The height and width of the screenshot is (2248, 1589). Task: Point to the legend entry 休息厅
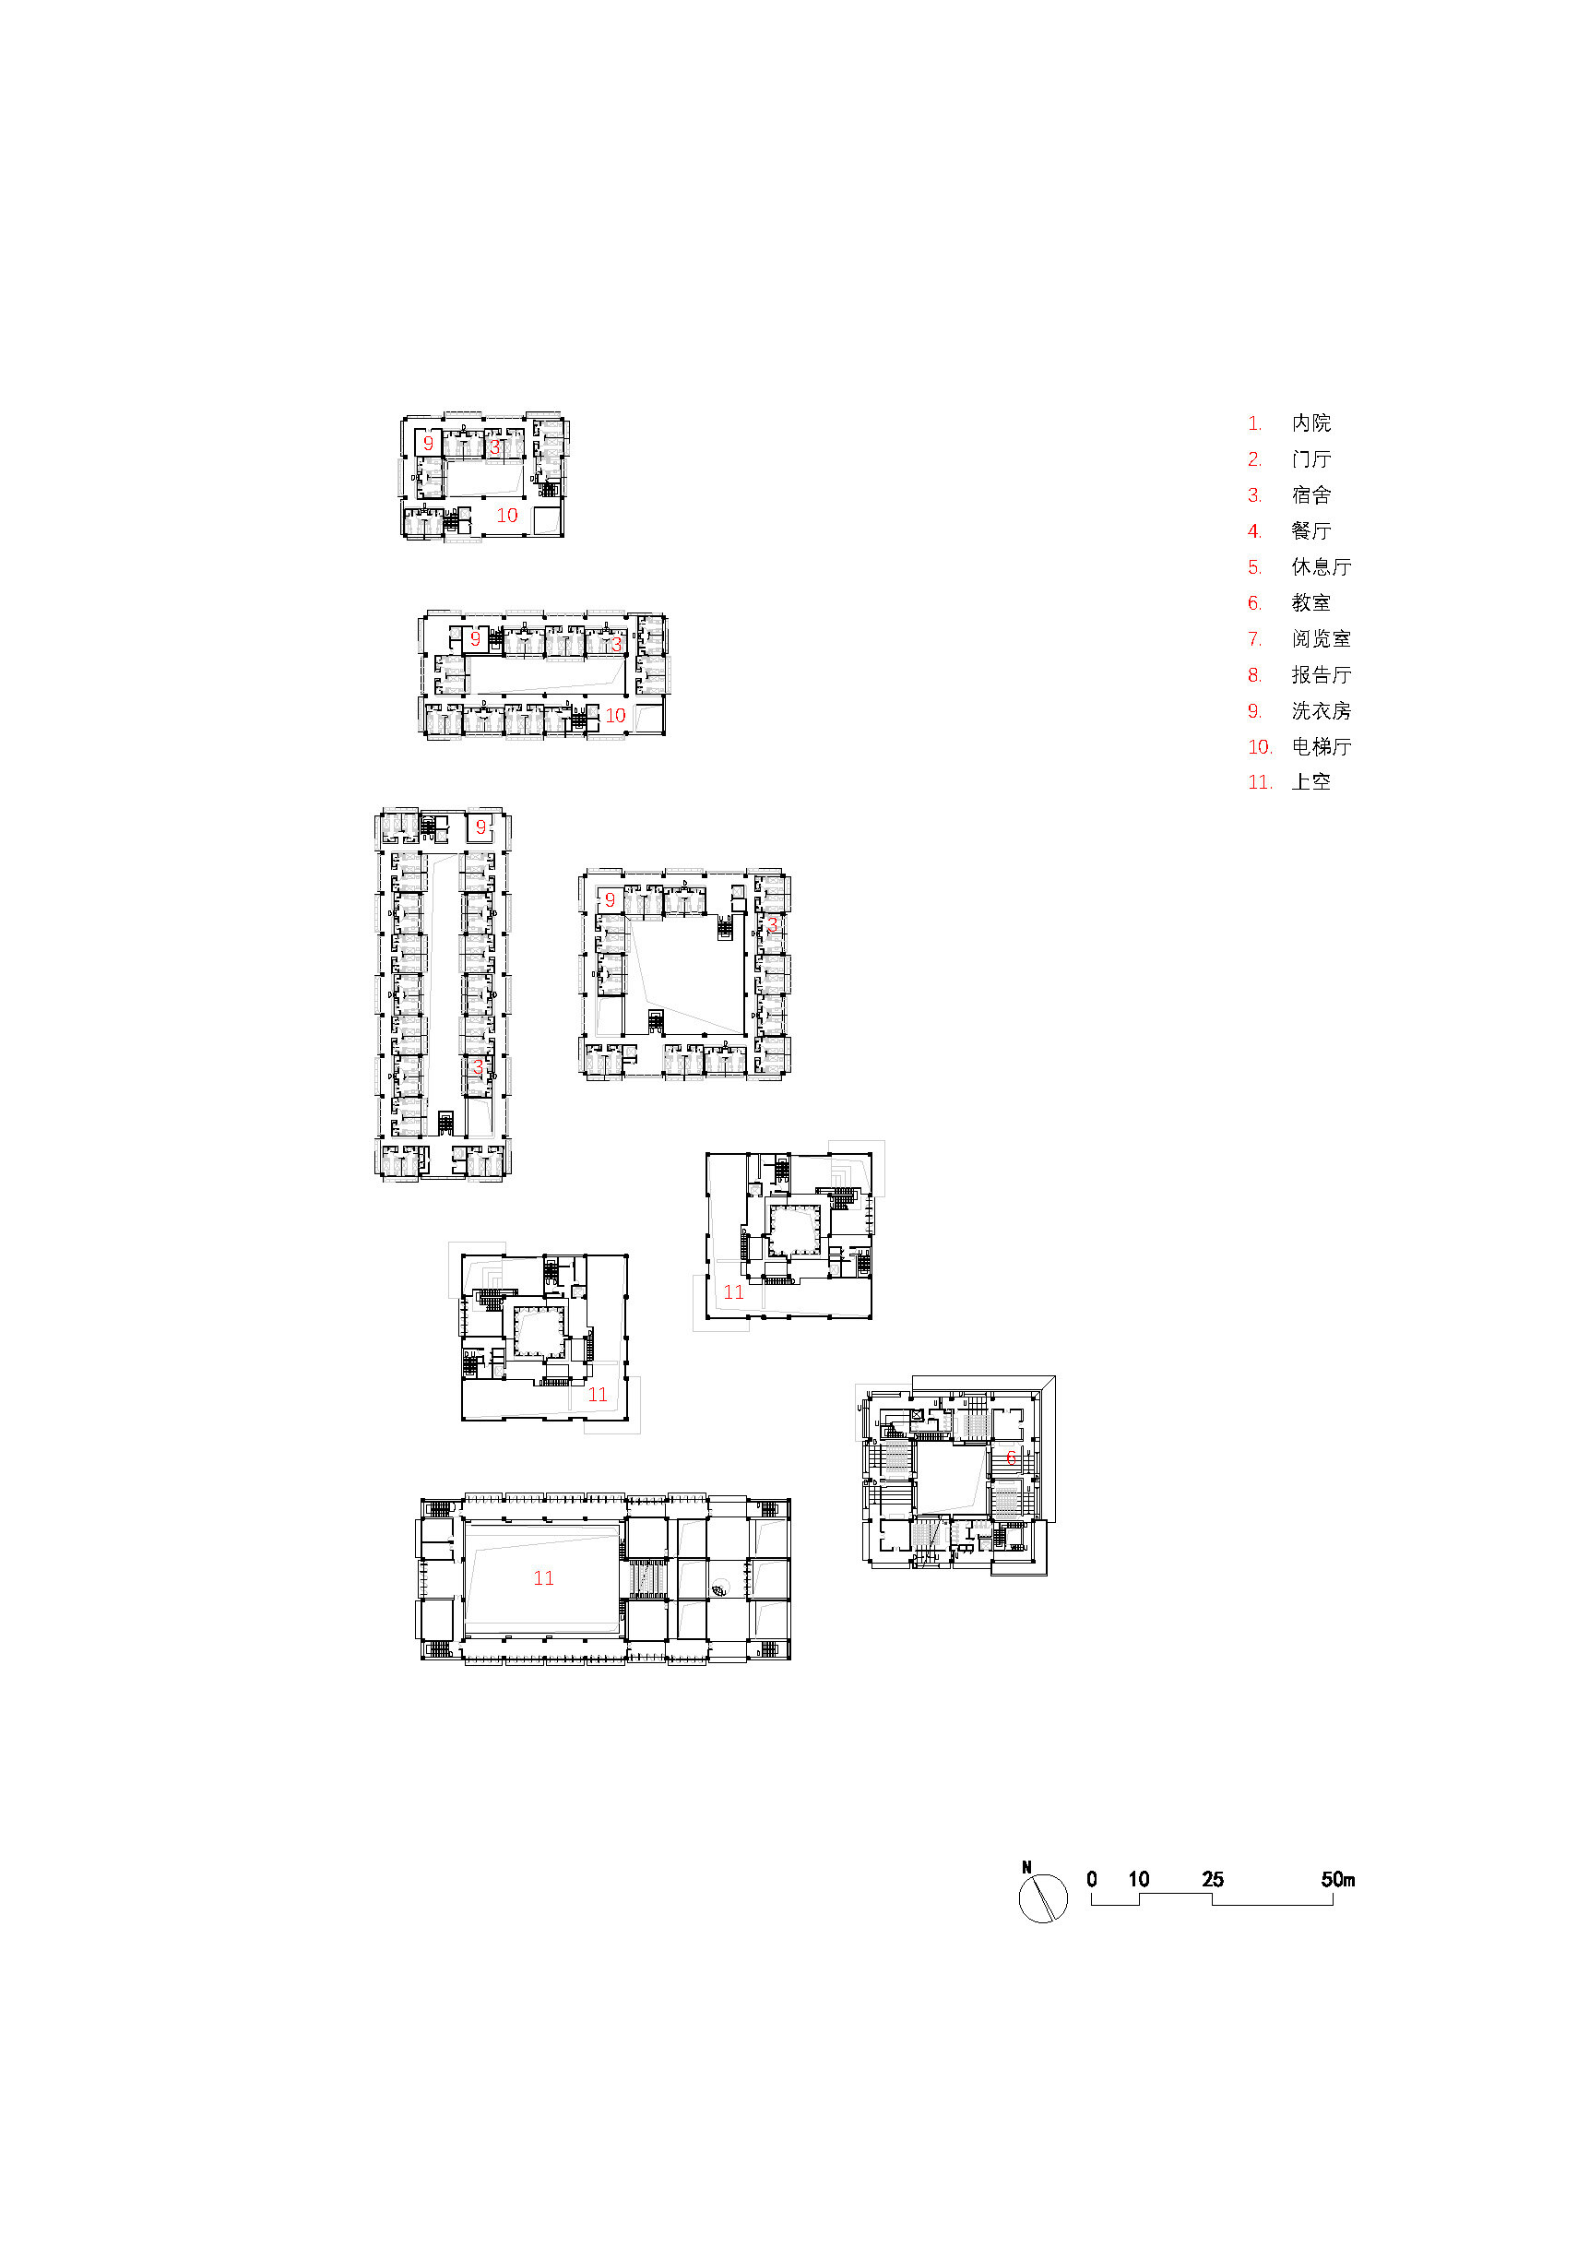[1320, 567]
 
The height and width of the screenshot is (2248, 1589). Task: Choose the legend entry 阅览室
[1320, 638]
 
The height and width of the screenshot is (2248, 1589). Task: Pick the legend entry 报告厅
[1320, 674]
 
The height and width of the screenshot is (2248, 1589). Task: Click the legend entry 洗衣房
[1320, 711]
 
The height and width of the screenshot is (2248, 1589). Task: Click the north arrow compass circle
[1043, 1898]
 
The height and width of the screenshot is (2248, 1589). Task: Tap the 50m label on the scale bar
[1337, 1879]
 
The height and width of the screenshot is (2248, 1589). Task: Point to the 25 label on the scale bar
[1212, 1879]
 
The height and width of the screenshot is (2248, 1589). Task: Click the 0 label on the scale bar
[1092, 1879]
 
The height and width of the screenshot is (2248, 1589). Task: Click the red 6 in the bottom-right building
[1012, 1457]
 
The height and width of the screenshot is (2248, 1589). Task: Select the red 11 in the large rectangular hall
[543, 1578]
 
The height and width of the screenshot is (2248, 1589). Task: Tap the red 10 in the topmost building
[506, 515]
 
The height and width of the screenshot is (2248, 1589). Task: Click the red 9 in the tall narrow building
[480, 827]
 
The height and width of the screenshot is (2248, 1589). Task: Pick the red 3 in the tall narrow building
[478, 1067]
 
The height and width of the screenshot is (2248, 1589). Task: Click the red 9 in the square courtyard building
[610, 899]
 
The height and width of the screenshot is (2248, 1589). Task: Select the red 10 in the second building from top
[615, 716]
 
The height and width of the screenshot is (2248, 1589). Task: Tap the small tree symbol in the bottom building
[720, 1588]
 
